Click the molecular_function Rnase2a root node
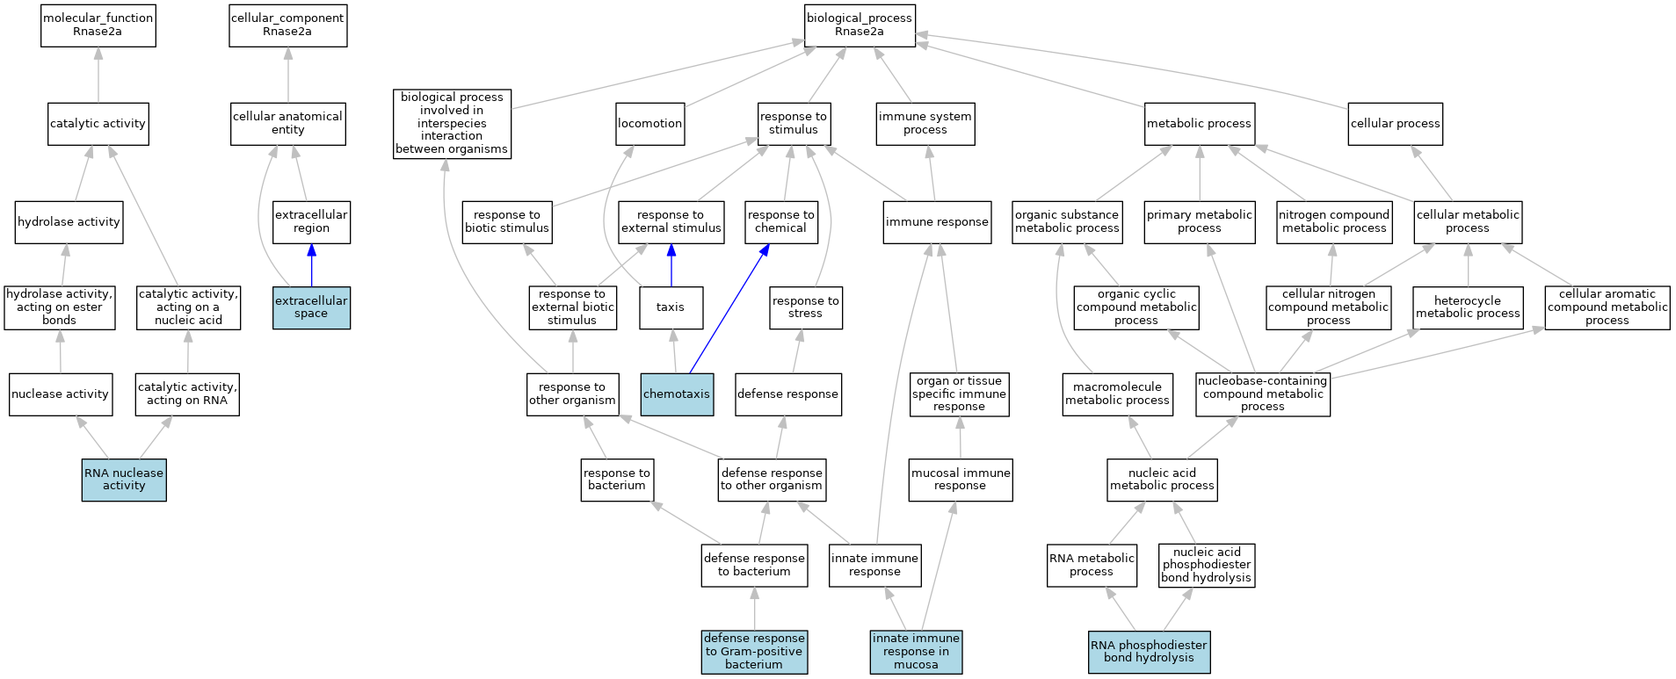98,25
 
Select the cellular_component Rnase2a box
288,25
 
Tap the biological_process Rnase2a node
860,25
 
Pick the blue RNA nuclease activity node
124,480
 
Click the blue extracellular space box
311,307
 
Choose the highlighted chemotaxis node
677,394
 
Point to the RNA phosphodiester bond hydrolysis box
1150,652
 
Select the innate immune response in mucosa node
916,652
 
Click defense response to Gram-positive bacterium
754,652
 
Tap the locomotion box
650,124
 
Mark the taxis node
671,307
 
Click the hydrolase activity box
69,222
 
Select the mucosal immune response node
961,480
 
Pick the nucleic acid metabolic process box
1162,480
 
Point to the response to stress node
806,307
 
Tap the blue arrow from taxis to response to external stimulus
671,265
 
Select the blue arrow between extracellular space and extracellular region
311,265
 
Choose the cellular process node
1396,124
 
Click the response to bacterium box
617,480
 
